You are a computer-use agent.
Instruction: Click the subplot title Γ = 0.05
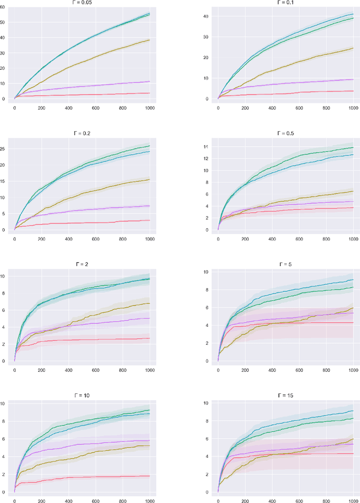[x=83, y=2]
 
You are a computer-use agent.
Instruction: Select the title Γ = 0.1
[x=286, y=2]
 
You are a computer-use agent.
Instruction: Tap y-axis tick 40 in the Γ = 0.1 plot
[x=207, y=16]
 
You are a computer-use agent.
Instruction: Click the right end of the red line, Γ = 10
[x=150, y=476]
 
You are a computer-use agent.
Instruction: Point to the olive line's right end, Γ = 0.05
[x=150, y=40]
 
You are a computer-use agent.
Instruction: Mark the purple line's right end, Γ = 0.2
[x=150, y=205]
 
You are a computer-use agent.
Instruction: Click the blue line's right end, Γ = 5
[x=353, y=280]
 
